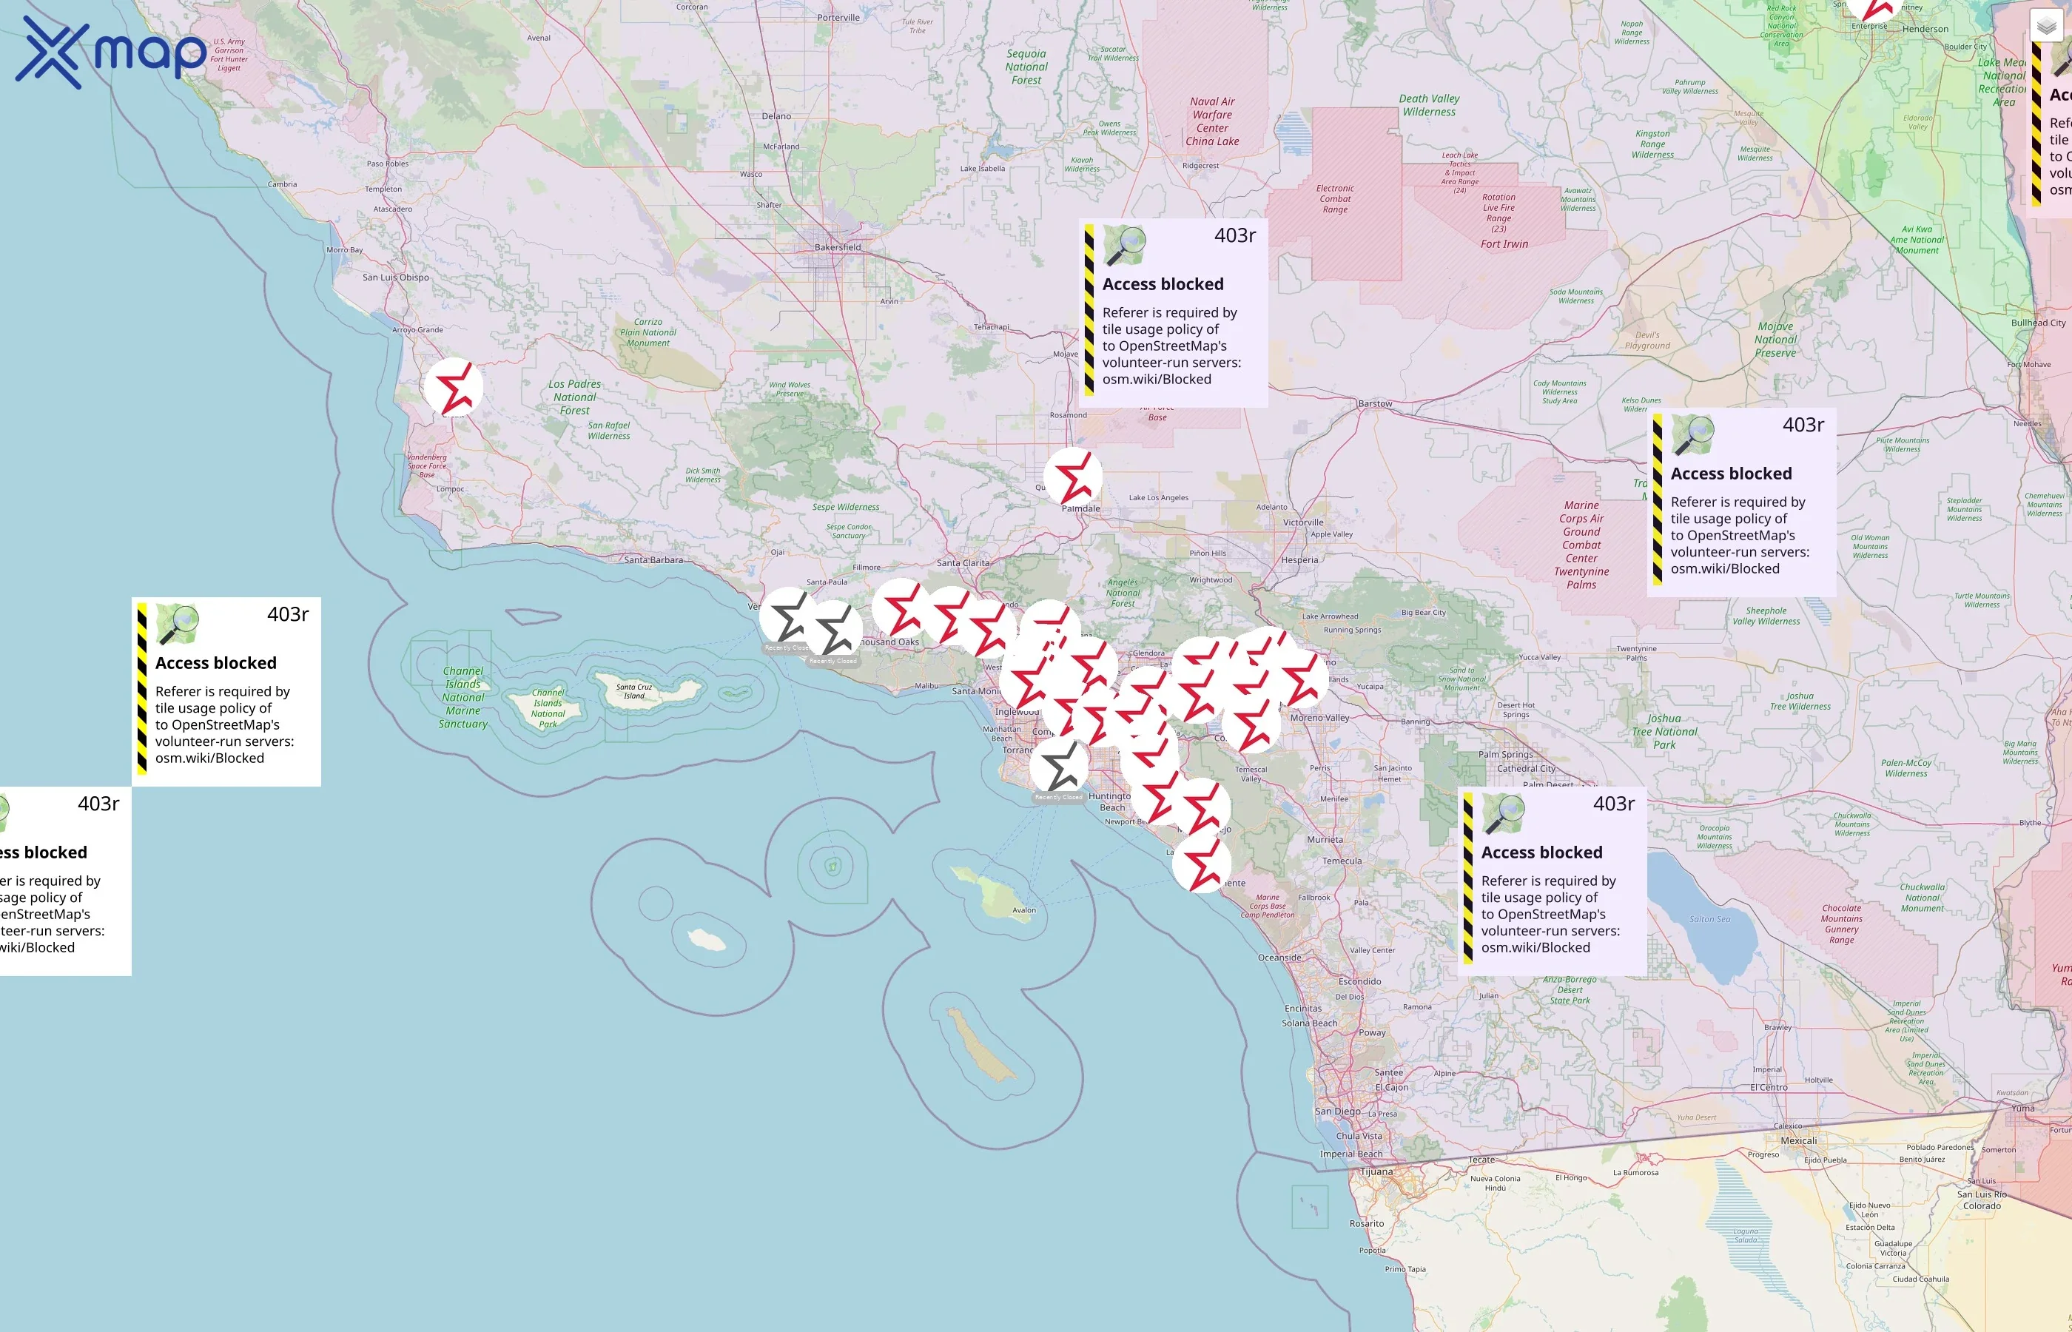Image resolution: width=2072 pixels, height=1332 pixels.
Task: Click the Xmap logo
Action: point(111,52)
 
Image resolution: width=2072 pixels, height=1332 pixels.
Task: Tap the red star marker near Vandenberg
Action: point(453,388)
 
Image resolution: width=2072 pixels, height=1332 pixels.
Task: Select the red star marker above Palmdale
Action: point(1072,477)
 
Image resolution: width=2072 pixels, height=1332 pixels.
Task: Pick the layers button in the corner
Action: point(2046,27)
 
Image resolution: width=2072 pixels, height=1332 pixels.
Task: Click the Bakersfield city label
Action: point(837,247)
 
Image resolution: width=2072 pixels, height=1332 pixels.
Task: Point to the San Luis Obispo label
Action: point(395,277)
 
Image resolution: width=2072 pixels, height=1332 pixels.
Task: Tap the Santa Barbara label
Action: point(653,559)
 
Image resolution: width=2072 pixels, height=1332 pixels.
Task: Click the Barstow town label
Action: point(1375,404)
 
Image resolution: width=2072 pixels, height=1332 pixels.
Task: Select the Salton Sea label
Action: point(1709,918)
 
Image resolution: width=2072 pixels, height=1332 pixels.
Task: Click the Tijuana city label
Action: point(1376,1172)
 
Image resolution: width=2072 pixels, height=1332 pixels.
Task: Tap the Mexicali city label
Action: point(1799,1140)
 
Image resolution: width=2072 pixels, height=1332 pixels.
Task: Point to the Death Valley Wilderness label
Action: point(1429,106)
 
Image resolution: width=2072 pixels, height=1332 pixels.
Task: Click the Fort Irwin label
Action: point(1504,244)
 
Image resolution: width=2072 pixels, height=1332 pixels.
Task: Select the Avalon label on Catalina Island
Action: point(1024,910)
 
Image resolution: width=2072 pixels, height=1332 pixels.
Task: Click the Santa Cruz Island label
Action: point(634,691)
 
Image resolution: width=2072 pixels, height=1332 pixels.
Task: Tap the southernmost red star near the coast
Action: point(1201,863)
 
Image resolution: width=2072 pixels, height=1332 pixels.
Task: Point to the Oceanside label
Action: point(1279,958)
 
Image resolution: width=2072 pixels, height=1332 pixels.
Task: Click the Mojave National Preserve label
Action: point(1775,340)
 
